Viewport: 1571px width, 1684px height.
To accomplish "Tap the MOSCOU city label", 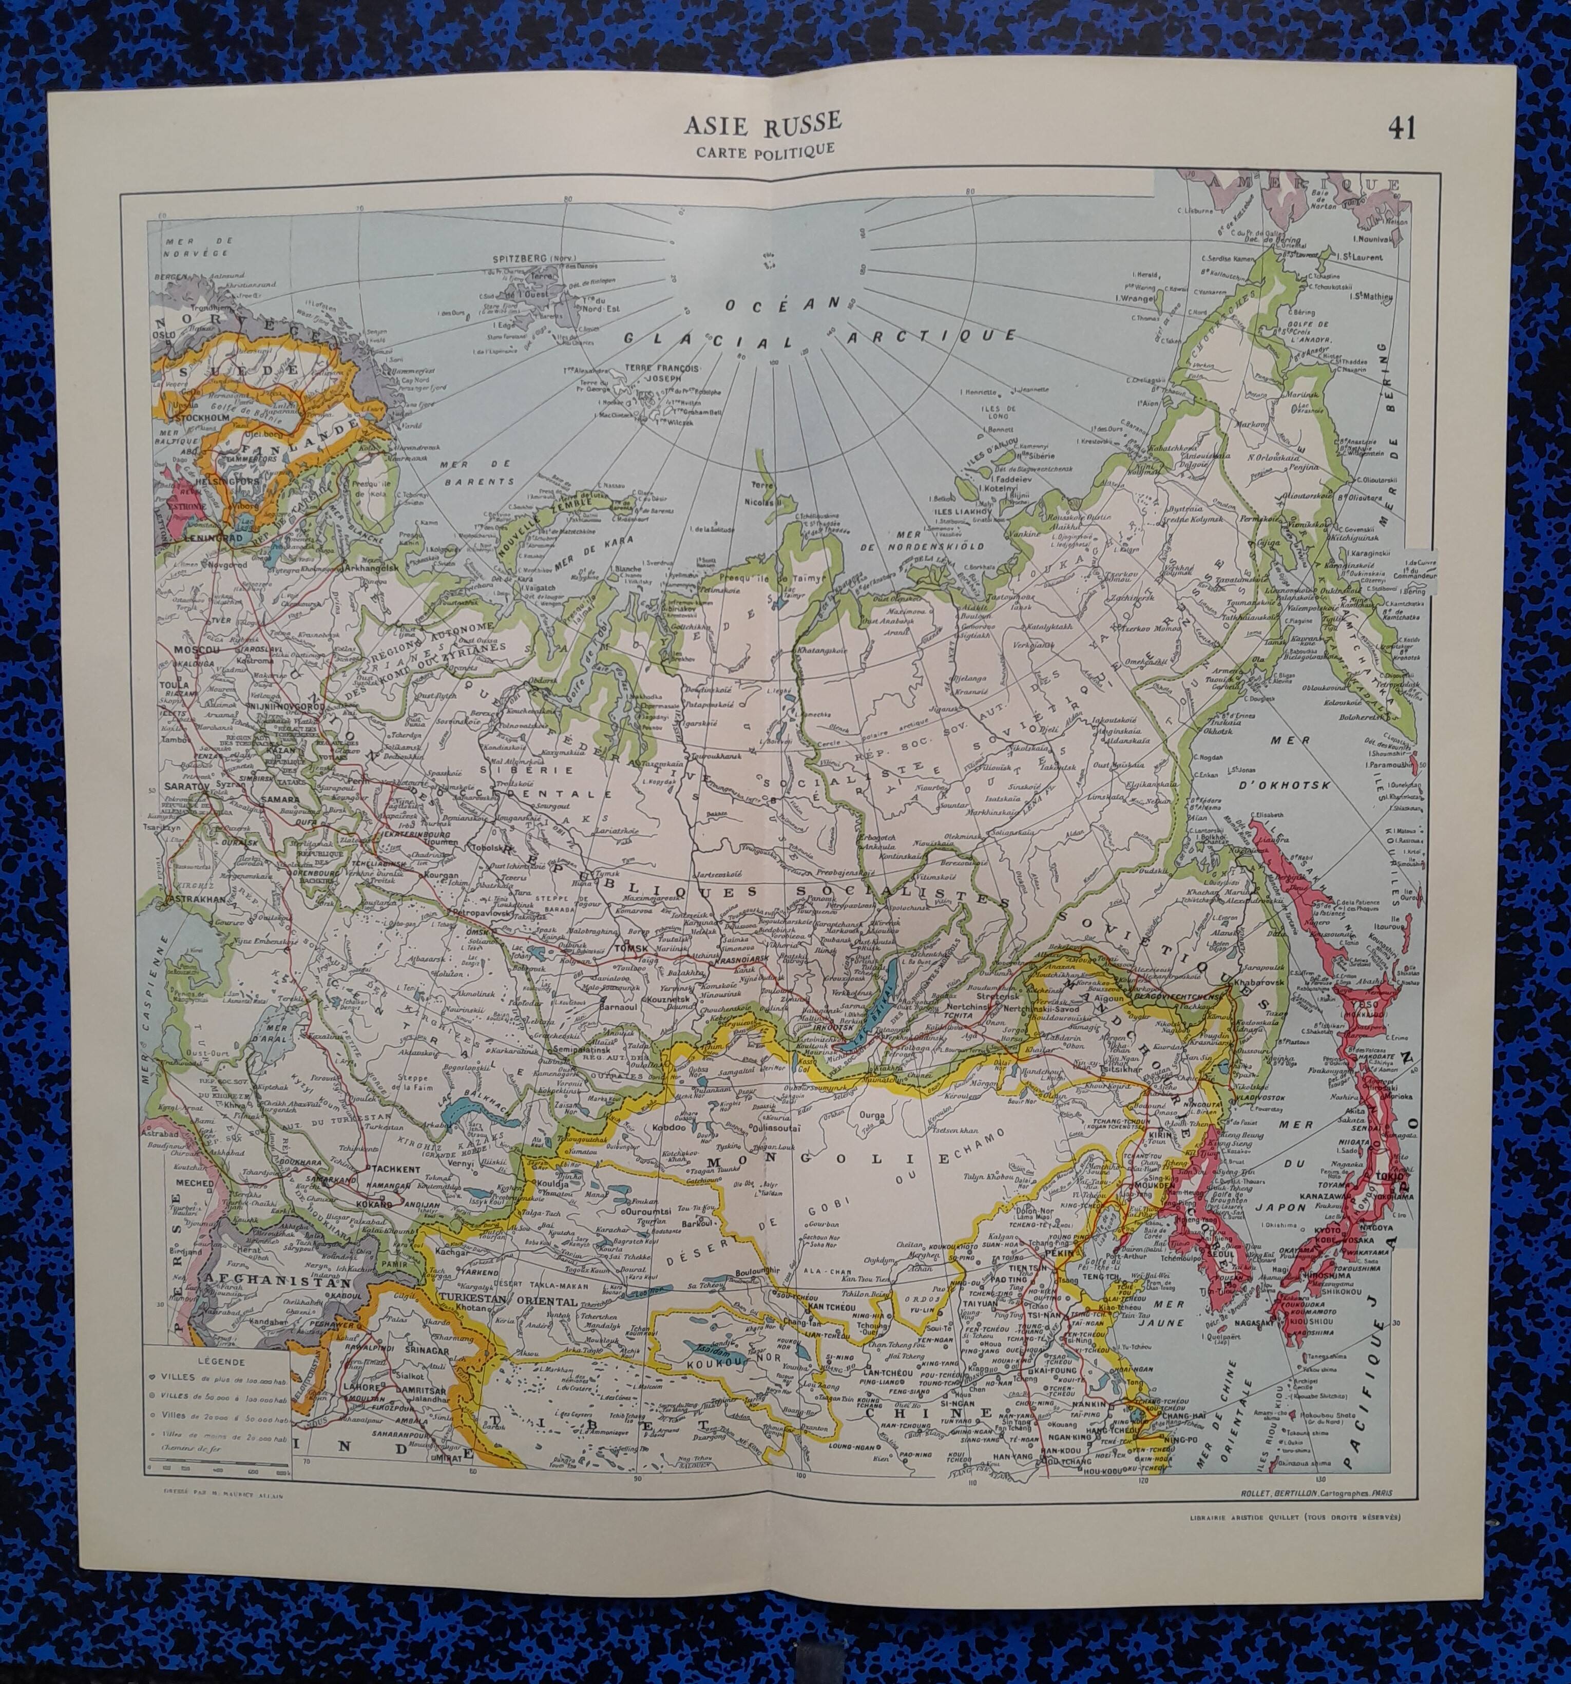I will click(x=197, y=649).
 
